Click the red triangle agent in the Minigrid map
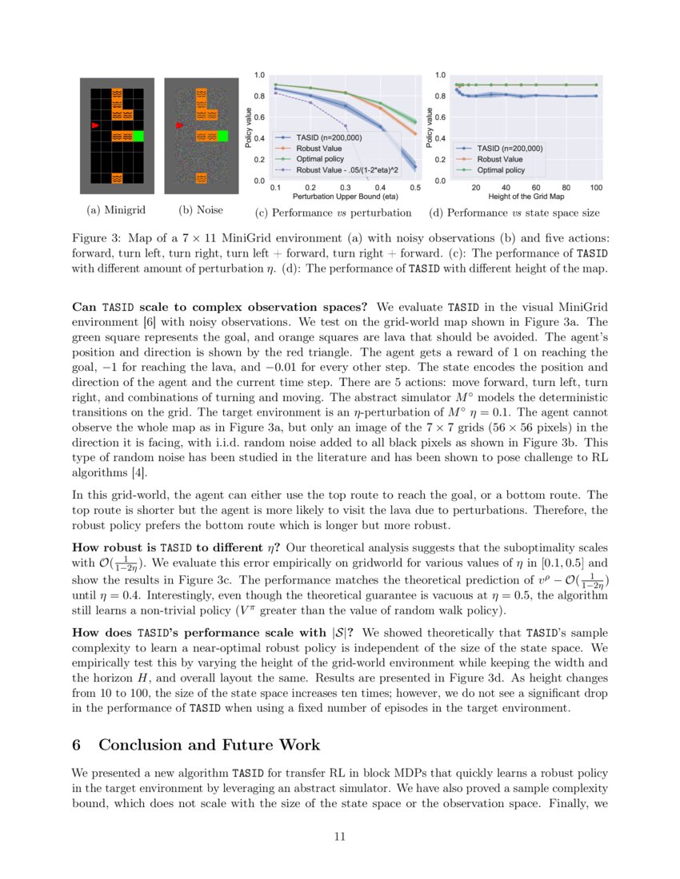tap(96, 125)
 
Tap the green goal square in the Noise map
tap(222, 136)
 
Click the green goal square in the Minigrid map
tap(138, 137)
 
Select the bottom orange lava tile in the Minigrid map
tap(117, 177)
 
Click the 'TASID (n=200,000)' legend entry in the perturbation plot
tap(329, 137)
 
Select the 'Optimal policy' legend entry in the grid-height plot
tap(501, 169)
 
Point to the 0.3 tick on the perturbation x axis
tap(345, 187)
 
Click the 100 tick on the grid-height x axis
tap(596, 187)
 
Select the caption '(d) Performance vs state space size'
tap(514, 213)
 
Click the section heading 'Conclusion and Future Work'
tap(209, 745)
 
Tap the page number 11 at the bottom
tap(339, 837)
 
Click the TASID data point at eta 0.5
tap(415, 166)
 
